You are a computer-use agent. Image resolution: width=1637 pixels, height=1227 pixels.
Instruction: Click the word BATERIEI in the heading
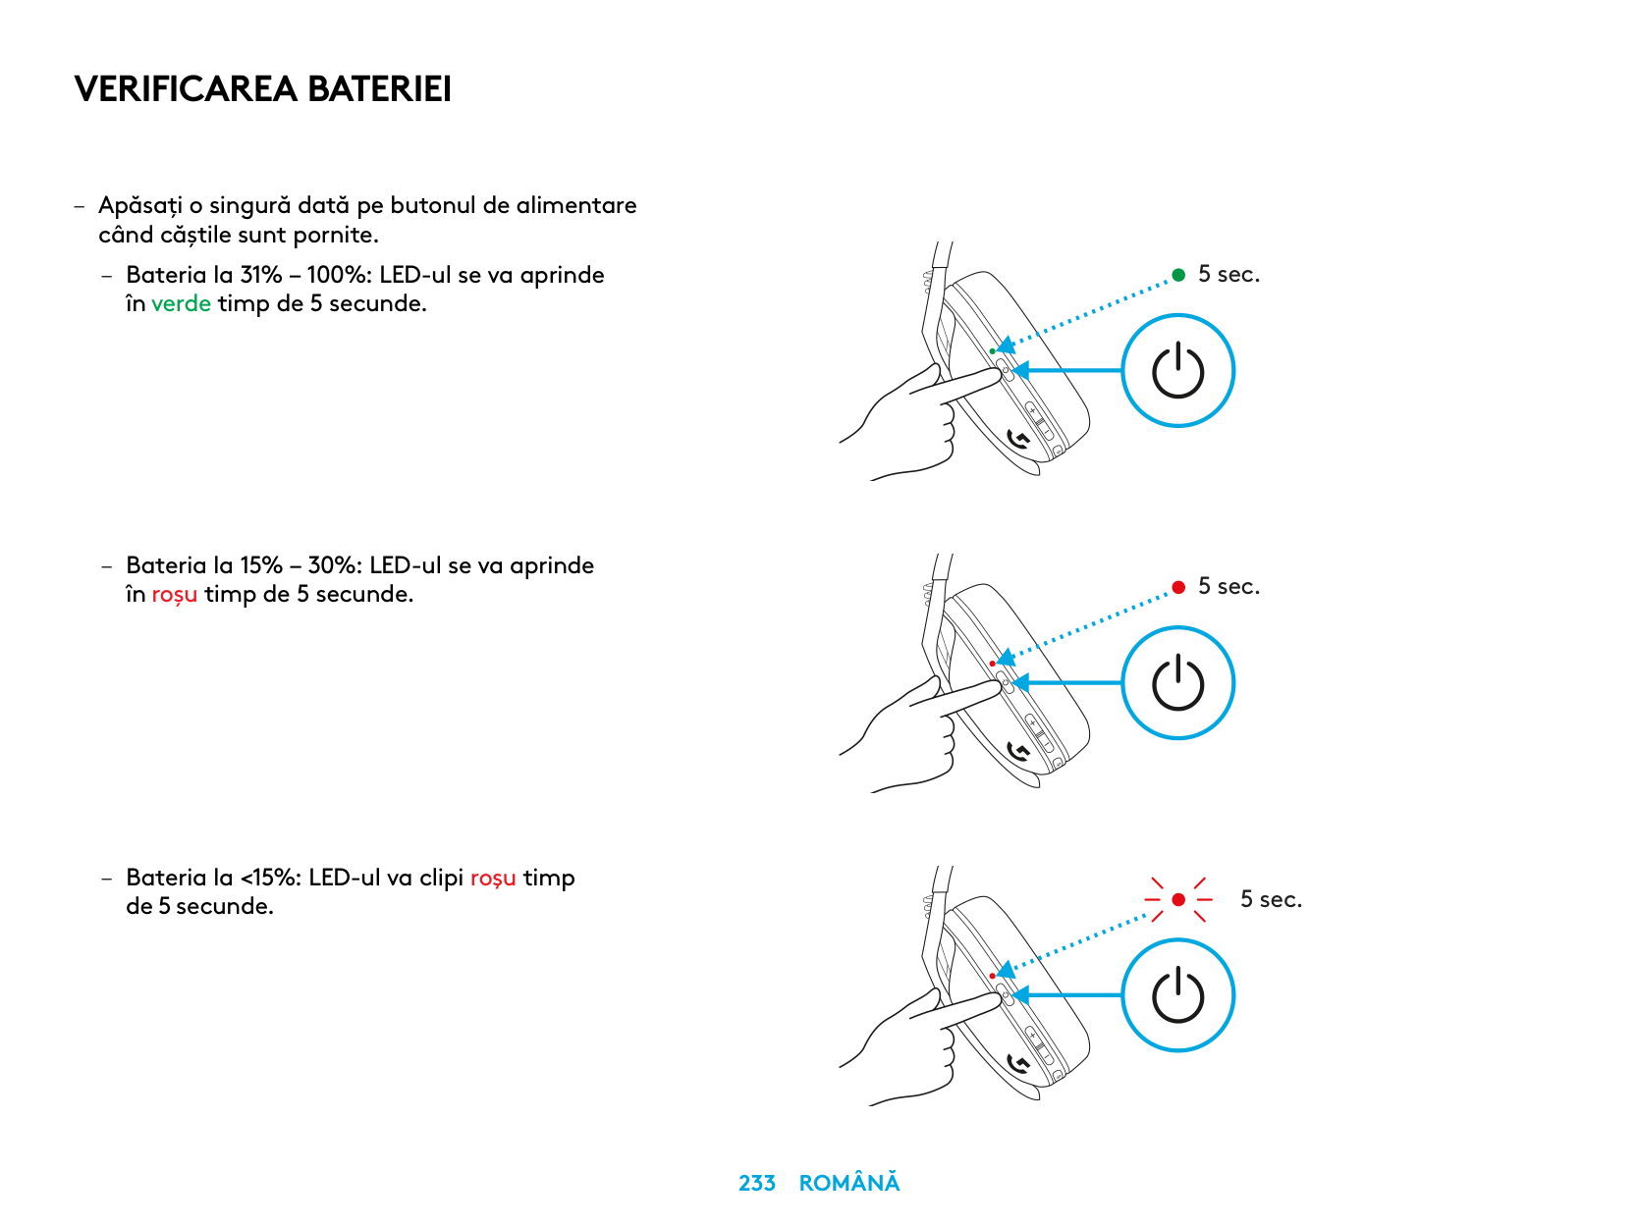coord(379,89)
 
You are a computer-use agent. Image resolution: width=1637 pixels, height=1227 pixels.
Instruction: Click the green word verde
coord(181,304)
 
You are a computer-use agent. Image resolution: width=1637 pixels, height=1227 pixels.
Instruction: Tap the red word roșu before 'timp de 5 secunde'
coord(174,595)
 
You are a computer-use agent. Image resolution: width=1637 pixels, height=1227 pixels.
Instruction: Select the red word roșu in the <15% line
coord(492,878)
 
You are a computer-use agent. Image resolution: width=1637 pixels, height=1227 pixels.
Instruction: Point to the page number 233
coord(756,1184)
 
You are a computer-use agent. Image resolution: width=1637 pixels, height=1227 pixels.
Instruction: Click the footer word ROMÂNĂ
coord(848,1184)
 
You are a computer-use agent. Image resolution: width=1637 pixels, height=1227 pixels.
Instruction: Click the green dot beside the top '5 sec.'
coord(1178,275)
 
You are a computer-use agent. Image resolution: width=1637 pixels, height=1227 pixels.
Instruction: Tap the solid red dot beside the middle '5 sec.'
coord(1178,587)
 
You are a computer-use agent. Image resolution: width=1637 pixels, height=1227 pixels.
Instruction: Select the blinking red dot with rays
coord(1178,899)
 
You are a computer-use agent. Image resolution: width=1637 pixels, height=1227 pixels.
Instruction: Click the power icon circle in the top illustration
coord(1177,371)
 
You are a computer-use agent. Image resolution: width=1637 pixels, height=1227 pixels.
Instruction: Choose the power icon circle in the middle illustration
coord(1177,683)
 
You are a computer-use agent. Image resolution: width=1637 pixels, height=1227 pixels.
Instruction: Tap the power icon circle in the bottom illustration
coord(1177,995)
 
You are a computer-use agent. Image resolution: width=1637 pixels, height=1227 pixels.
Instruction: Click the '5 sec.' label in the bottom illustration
coord(1271,899)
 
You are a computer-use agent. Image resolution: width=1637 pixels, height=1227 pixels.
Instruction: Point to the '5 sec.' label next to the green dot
coord(1228,275)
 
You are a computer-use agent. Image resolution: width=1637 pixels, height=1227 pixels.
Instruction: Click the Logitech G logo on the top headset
coord(1018,439)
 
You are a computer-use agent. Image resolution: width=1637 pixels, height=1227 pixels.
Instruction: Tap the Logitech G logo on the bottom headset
coord(1018,1064)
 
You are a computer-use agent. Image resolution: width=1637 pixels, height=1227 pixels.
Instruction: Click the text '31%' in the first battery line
coord(260,275)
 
